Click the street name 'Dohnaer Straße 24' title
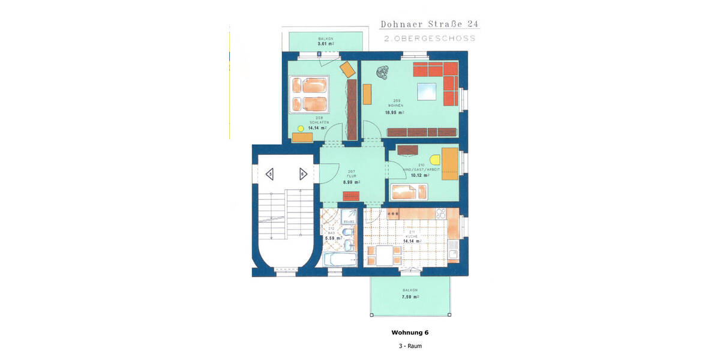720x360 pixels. click(430, 25)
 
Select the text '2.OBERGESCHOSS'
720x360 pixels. click(430, 38)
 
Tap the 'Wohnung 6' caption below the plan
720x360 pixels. click(410, 332)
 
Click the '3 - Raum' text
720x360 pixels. click(409, 346)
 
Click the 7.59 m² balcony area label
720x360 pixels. click(410, 296)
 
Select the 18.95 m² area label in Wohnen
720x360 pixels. click(394, 112)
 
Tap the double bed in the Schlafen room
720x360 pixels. click(310, 94)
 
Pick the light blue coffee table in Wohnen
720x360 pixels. click(427, 91)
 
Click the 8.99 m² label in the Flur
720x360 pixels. click(351, 182)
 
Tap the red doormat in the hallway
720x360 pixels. click(351, 196)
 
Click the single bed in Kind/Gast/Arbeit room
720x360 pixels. click(410, 191)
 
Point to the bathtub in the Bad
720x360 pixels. click(339, 259)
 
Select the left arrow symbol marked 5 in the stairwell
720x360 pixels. click(271, 175)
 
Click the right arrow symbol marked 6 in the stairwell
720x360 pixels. click(304, 175)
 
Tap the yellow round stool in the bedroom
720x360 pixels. click(301, 128)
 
